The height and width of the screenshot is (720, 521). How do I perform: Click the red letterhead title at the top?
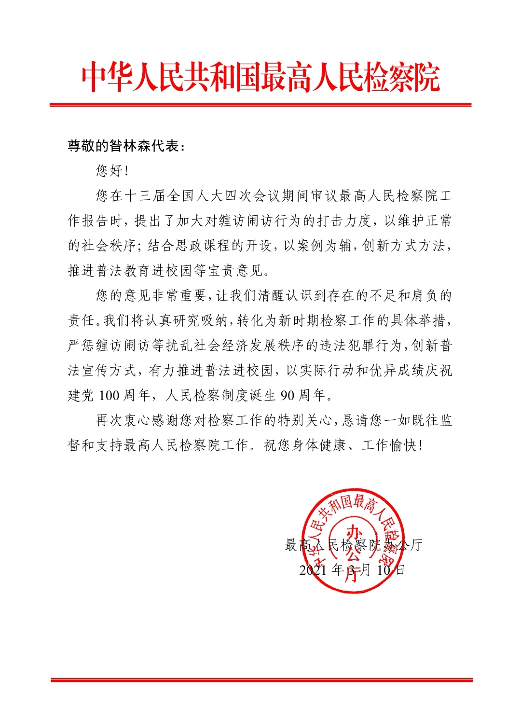260,77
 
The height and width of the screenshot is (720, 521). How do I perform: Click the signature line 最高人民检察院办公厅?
354,545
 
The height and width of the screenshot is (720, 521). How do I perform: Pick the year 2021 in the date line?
314,570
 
